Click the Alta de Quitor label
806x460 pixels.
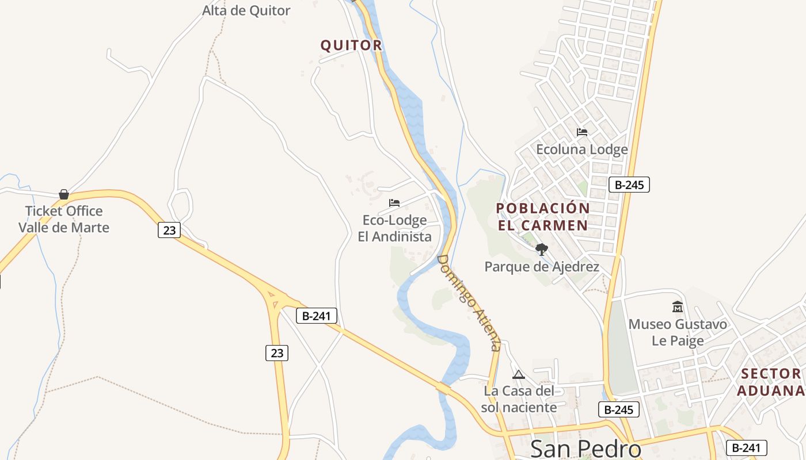[246, 10]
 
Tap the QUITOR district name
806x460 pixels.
[351, 45]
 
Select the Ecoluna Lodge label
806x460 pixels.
[581, 149]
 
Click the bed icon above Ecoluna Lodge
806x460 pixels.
[582, 132]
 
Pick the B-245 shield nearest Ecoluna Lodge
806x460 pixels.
[629, 185]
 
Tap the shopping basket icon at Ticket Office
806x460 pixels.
[64, 194]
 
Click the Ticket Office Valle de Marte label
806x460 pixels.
[64, 219]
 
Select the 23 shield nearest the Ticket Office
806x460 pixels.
[169, 230]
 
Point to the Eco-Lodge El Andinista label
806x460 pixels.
[394, 228]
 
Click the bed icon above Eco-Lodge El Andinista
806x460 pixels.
[394, 203]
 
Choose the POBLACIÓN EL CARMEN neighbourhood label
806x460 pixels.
[543, 217]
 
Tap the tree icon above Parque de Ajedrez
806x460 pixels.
[541, 249]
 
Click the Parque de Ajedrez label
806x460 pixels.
[542, 267]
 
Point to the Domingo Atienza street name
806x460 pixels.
[469, 302]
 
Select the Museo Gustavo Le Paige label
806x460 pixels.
[678, 332]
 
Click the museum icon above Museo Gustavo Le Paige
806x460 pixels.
[677, 306]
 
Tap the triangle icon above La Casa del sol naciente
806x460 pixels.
[519, 375]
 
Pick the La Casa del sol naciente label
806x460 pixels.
[520, 399]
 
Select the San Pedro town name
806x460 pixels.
[586, 448]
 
